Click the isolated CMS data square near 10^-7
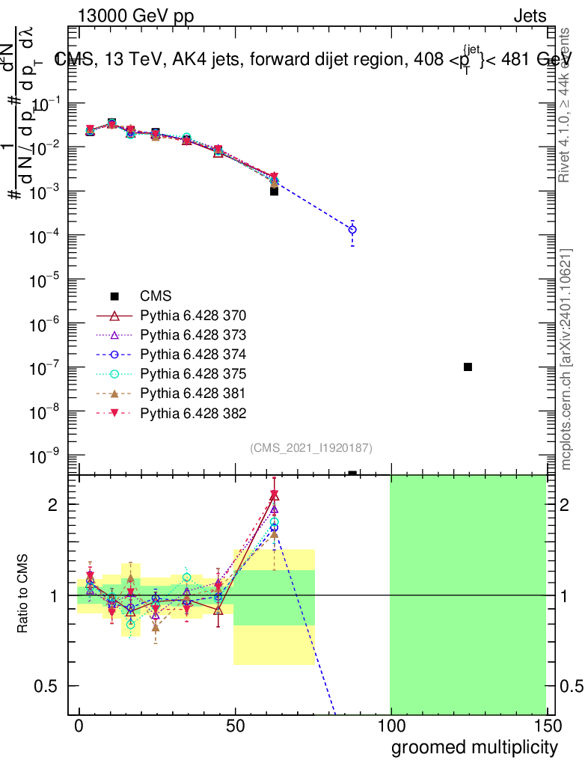[468, 367]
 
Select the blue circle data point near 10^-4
[352, 230]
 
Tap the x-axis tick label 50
[236, 727]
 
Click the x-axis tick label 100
[391, 727]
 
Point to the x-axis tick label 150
[547, 727]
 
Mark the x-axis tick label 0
[79, 727]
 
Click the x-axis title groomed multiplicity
[474, 747]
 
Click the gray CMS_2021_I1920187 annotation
[311, 447]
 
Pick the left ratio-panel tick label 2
[53, 505]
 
